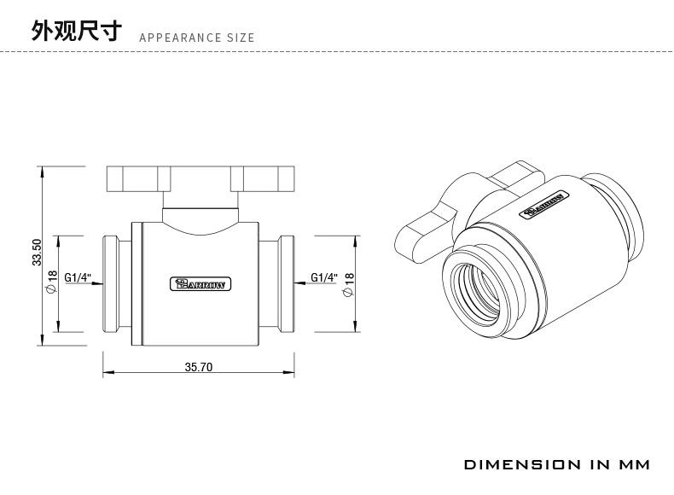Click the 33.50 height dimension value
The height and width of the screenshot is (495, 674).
point(37,253)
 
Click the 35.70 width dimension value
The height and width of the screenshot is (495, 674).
point(199,367)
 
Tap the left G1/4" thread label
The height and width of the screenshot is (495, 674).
point(78,277)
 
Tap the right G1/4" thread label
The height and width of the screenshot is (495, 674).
point(324,277)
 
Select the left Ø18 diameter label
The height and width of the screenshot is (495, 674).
point(51,282)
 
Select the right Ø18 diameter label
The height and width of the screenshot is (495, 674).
point(348,285)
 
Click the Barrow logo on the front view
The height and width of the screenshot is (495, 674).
point(200,284)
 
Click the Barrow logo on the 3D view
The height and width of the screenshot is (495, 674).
point(544,204)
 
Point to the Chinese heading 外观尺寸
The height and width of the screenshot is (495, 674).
point(77,31)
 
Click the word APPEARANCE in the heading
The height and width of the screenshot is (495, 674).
point(180,38)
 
